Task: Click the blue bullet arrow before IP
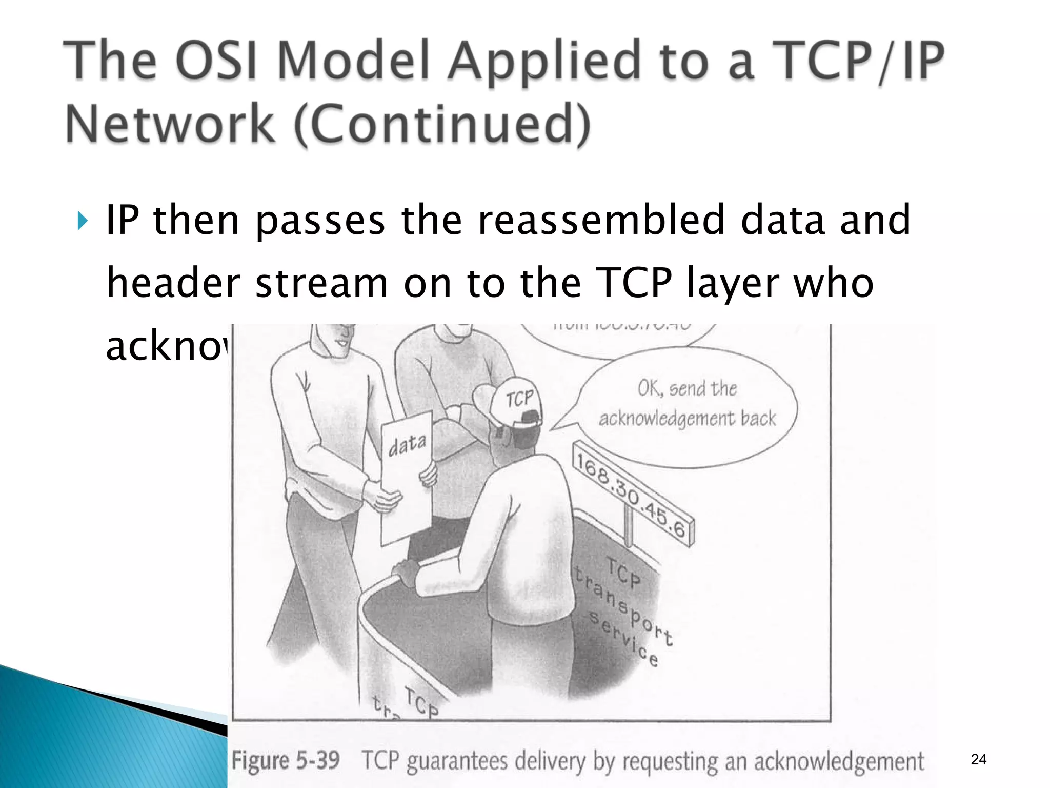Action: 82,221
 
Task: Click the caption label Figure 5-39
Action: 286,760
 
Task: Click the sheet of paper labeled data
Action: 408,477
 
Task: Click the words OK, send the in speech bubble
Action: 687,388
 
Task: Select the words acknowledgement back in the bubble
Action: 687,418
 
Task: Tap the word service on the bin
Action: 623,639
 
